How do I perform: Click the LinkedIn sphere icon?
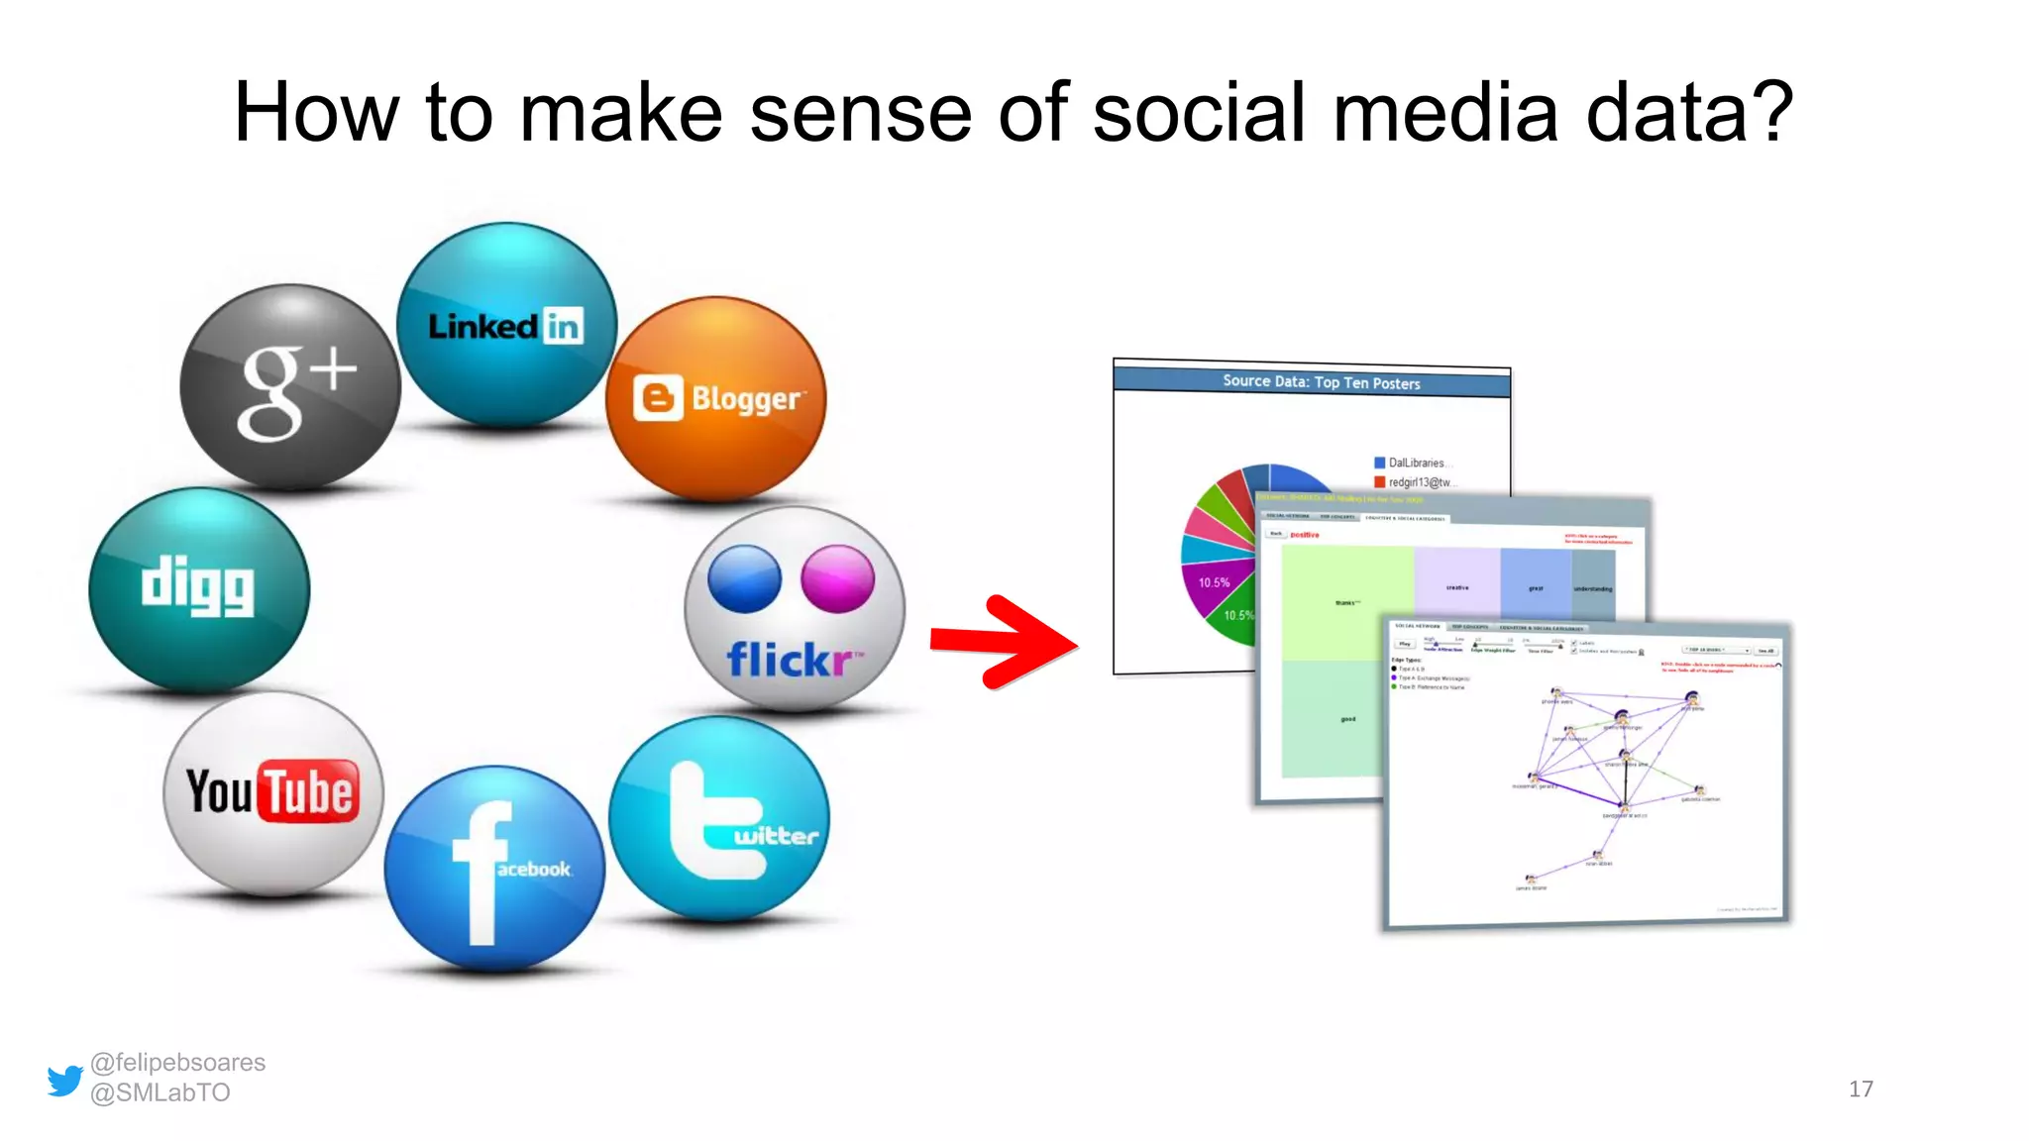coord(506,325)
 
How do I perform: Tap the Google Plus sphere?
coord(290,386)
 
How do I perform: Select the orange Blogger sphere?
coord(715,398)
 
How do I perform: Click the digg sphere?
coord(199,589)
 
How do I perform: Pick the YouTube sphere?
coord(272,792)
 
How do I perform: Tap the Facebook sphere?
coord(494,868)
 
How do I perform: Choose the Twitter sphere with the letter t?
coord(719,819)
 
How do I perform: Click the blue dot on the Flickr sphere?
coord(744,578)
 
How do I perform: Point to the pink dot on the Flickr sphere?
coord(838,578)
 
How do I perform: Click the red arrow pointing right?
coord(1003,642)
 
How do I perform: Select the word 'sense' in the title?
coord(860,113)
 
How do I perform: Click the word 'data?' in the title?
coord(1690,113)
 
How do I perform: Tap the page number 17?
coord(1861,1089)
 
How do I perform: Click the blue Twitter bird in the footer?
coord(65,1080)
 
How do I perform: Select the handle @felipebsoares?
coord(178,1063)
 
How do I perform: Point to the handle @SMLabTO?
coord(160,1092)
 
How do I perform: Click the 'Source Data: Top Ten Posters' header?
coord(1321,381)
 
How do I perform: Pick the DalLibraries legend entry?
coord(1415,463)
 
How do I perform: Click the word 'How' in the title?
coord(316,113)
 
